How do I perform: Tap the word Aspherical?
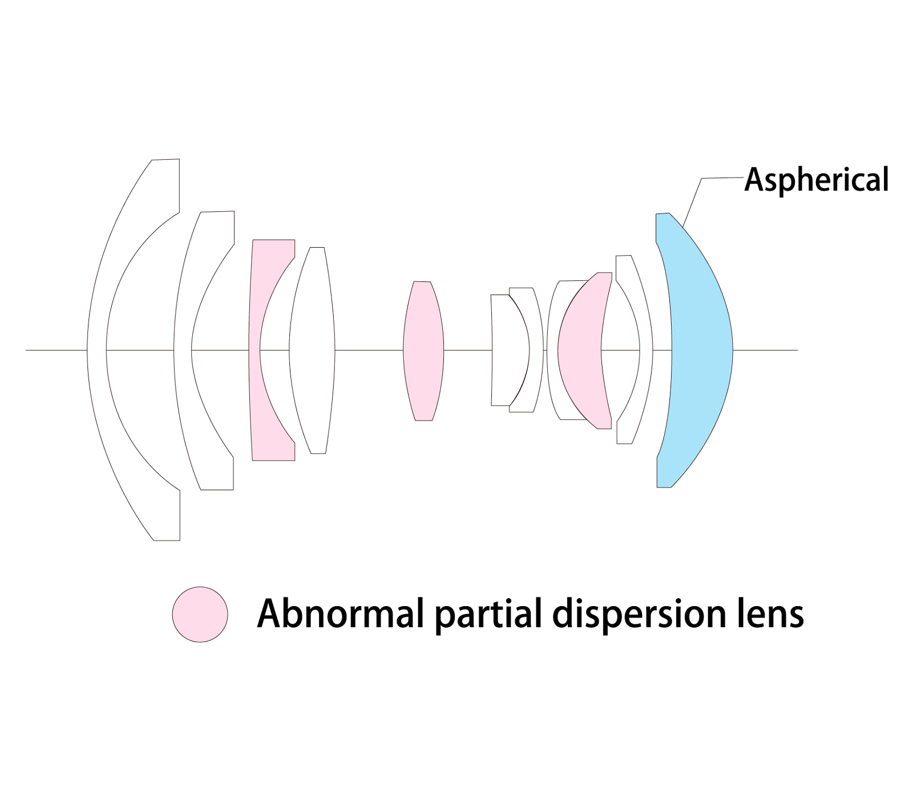817,180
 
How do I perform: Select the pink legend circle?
200,614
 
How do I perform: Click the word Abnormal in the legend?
340,614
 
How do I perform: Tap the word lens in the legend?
770,614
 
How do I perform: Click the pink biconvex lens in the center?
423,350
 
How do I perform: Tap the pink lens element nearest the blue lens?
579,349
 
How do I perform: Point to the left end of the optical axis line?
27,349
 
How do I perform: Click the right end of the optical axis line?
796,349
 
